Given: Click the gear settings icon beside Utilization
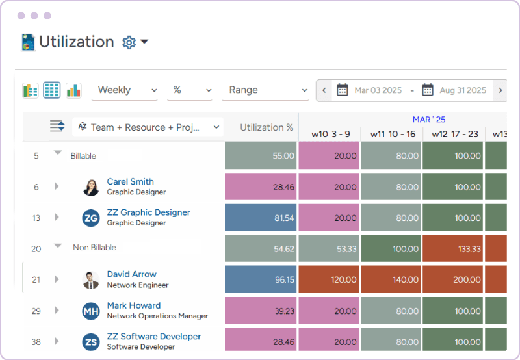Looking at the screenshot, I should tap(129, 42).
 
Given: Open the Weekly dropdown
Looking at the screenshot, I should tap(127, 90).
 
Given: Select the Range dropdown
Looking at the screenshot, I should tap(265, 90).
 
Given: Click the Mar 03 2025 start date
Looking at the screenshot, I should tap(378, 90).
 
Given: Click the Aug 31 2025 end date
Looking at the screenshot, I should tap(462, 90).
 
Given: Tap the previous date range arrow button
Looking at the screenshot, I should tap(324, 90).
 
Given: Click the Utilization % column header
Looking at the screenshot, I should tap(266, 127).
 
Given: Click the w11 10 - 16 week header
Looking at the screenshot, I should tap(393, 134).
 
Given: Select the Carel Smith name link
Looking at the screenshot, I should tap(130, 182).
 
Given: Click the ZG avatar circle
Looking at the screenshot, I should tap(91, 218).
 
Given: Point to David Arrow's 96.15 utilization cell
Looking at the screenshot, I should tap(261, 280).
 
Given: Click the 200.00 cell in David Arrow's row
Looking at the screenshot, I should tap(453, 280).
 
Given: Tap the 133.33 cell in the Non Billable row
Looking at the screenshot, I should tap(453, 249).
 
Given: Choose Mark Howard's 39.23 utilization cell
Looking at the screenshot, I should tap(261, 311).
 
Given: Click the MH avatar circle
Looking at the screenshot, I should tap(91, 311).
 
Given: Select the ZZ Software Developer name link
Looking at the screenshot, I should tap(153, 337).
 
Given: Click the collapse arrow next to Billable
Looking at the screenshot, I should tap(57, 153).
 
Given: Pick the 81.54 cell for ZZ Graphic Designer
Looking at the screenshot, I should tap(261, 218).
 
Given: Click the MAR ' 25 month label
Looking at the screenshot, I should tap(429, 120).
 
